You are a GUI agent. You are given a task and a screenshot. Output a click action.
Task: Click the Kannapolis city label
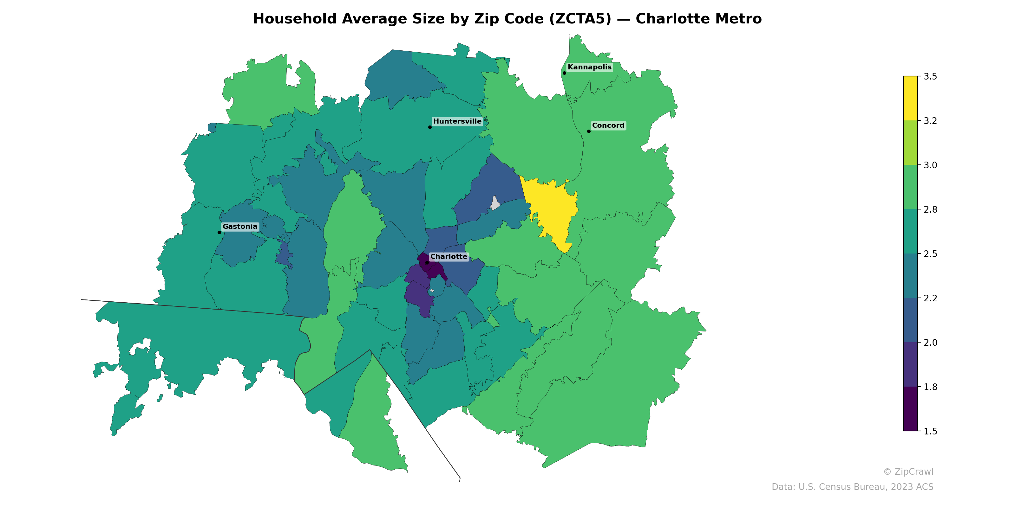[x=589, y=67]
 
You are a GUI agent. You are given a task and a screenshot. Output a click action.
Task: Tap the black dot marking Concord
[x=589, y=132]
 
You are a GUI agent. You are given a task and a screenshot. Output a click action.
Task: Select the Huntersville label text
[x=457, y=121]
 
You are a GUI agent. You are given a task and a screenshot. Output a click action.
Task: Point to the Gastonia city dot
[x=219, y=232]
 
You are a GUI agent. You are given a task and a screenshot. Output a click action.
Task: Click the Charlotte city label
[x=449, y=257]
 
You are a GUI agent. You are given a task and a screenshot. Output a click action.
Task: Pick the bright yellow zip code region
[x=552, y=209]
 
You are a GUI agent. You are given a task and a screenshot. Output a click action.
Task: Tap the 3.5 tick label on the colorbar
[x=930, y=77]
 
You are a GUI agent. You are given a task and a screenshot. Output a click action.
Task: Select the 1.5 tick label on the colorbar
[x=930, y=431]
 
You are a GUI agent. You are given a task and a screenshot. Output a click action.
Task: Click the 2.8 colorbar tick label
[x=930, y=209]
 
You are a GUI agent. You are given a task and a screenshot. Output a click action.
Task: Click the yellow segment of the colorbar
[x=910, y=99]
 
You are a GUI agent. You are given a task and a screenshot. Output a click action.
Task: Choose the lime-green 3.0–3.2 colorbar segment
[x=910, y=143]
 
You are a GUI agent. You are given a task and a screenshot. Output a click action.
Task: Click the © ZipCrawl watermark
[x=908, y=472]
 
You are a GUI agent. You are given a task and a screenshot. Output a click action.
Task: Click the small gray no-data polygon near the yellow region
[x=495, y=203]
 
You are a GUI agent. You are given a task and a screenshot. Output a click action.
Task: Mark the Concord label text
[x=608, y=125]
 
